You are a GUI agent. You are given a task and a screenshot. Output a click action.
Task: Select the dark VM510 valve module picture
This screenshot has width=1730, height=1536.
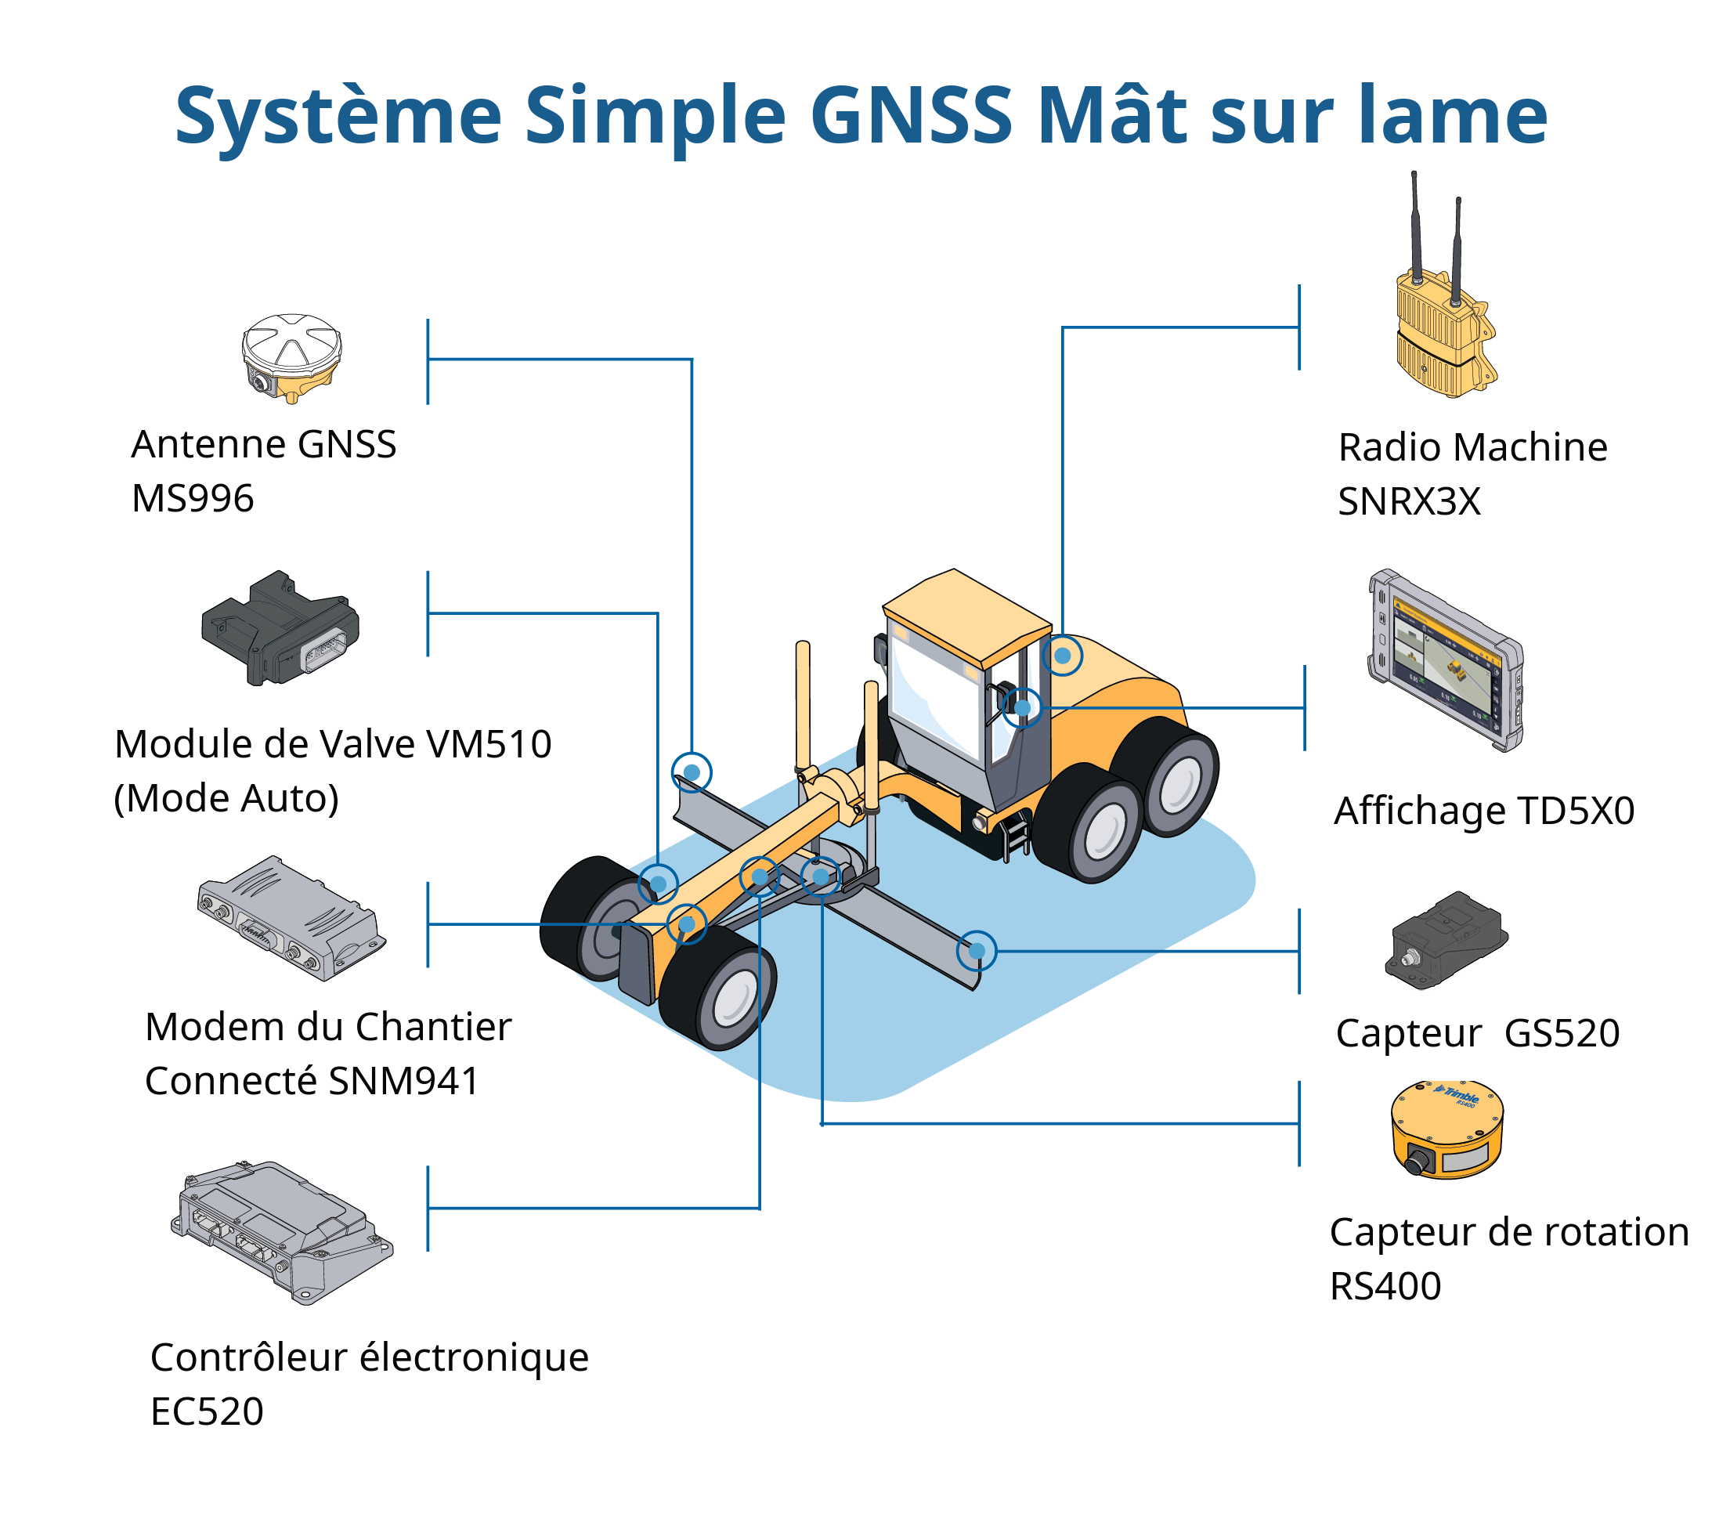pos(280,628)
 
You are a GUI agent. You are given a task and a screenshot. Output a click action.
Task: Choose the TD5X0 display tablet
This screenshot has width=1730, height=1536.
pos(1446,660)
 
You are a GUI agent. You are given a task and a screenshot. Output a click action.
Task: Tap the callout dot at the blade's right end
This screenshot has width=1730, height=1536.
pos(977,951)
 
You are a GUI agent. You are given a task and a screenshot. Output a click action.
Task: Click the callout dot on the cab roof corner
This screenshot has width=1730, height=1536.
pos(1062,656)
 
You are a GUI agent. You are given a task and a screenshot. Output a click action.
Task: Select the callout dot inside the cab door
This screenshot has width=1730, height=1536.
pos(1023,707)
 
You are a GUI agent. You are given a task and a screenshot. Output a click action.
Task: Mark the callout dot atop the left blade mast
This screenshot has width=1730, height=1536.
pos(692,772)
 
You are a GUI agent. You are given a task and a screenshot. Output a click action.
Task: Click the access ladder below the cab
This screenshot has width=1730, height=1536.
pos(1015,833)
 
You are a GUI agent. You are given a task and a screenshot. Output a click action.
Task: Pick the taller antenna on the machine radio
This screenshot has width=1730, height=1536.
pos(1414,229)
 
